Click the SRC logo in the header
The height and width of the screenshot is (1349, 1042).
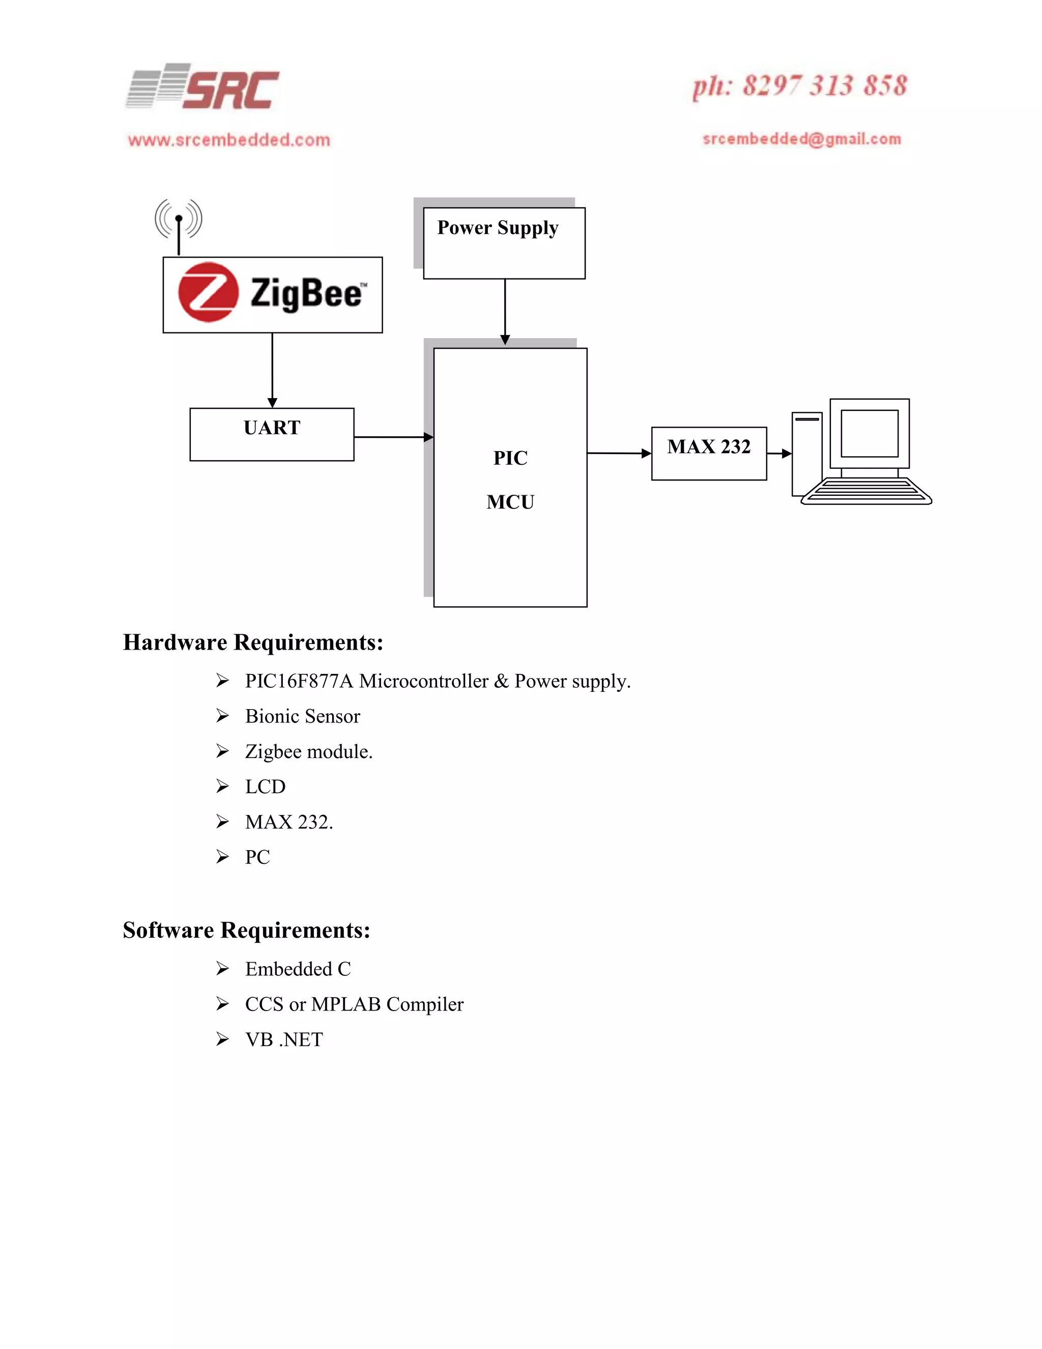(x=202, y=88)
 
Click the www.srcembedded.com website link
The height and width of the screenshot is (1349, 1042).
(x=229, y=140)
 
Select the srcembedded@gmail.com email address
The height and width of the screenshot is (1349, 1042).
(x=802, y=139)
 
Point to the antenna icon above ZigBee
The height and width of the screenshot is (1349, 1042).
(x=179, y=222)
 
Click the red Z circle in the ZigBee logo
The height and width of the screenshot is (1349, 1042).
(x=208, y=292)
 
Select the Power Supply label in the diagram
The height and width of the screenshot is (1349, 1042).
(x=498, y=228)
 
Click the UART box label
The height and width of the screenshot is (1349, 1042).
(x=272, y=428)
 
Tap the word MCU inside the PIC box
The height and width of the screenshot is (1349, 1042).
(x=510, y=501)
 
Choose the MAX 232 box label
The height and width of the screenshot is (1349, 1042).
(x=709, y=446)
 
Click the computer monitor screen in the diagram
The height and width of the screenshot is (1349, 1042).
(x=869, y=433)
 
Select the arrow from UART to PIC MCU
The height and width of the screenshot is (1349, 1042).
(x=394, y=437)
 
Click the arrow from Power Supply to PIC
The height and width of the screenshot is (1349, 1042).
(x=505, y=312)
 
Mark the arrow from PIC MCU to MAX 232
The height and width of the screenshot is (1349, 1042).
(x=619, y=454)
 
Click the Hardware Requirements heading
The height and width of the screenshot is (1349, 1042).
(x=253, y=642)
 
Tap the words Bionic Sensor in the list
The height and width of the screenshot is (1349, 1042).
(x=303, y=717)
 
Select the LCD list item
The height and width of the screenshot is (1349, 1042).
(x=266, y=787)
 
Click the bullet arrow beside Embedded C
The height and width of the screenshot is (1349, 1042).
(x=223, y=969)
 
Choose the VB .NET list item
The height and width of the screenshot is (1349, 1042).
(x=284, y=1039)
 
